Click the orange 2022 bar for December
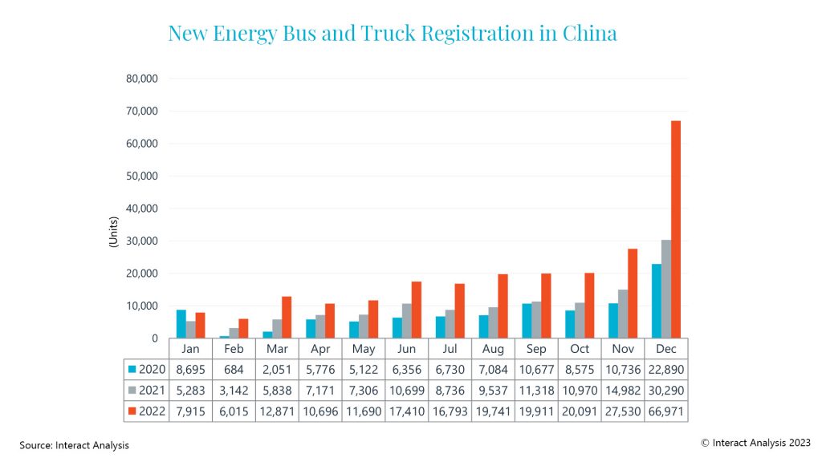point(676,229)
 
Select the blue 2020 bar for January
point(181,324)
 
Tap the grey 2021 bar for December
point(666,289)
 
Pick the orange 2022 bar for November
point(633,294)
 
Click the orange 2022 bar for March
point(287,317)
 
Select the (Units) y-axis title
point(114,233)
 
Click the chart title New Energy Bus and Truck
point(393,33)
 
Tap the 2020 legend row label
point(149,369)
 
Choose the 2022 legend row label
point(149,411)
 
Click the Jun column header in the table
point(407,349)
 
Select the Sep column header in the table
point(536,349)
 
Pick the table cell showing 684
point(234,369)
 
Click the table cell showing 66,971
point(666,411)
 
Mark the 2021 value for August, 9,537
point(493,390)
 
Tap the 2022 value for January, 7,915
point(190,411)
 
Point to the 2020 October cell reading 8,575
point(580,369)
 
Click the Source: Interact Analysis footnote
point(75,444)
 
